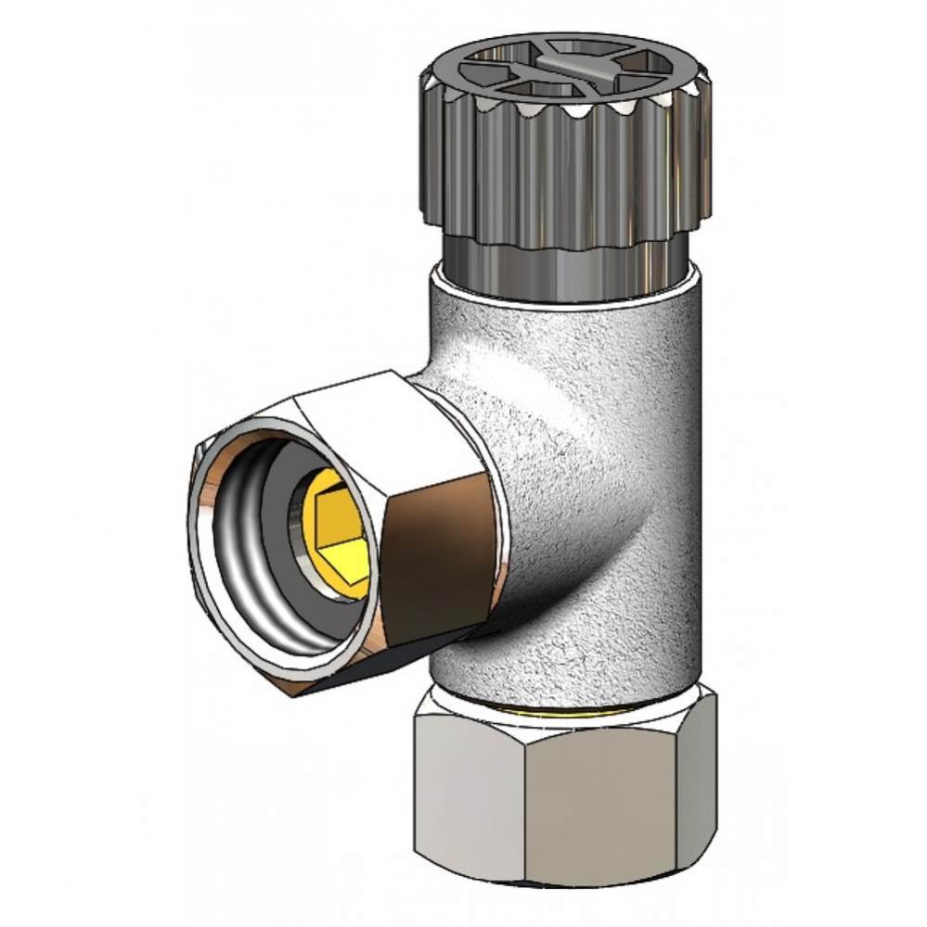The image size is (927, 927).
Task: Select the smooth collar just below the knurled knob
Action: (566, 264)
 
